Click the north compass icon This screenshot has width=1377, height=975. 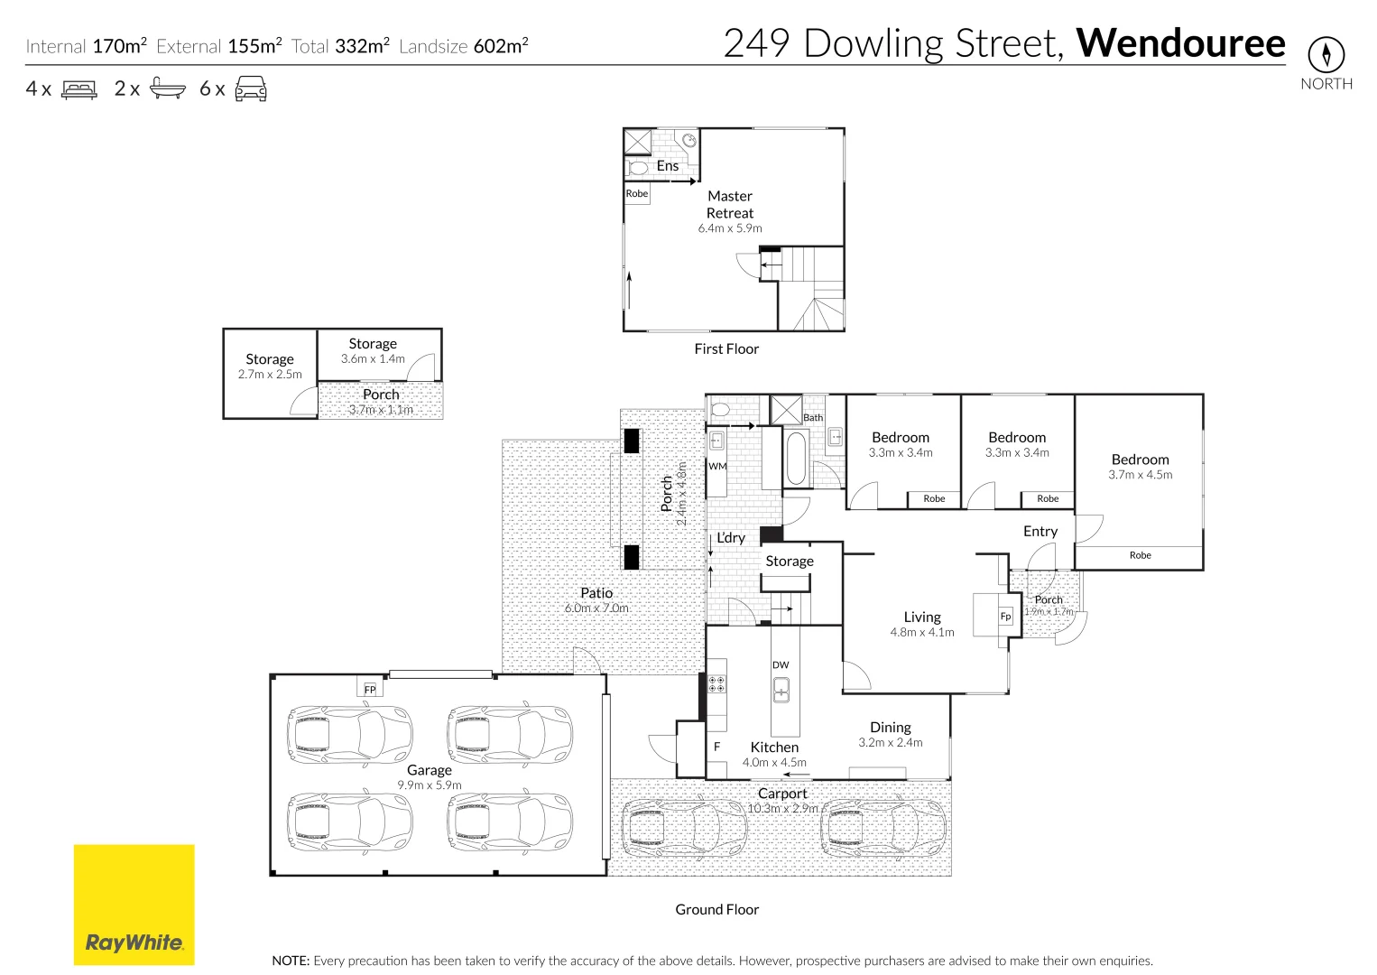point(1326,55)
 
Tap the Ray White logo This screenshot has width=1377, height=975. point(134,905)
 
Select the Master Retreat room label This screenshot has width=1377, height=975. point(730,204)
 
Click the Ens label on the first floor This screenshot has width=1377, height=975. point(667,165)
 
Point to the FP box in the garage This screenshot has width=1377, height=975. point(370,689)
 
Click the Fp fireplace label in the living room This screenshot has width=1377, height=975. point(1005,617)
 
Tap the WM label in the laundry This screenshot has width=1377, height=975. point(717,467)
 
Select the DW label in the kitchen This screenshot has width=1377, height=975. point(781,664)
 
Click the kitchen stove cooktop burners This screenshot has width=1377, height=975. point(716,683)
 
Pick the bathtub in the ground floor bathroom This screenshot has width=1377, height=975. point(796,459)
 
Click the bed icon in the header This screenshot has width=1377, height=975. point(79,89)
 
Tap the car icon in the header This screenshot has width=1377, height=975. point(251,88)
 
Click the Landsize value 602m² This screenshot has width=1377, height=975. point(501,46)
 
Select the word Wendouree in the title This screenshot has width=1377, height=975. point(1180,43)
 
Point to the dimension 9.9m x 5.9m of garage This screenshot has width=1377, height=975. point(430,785)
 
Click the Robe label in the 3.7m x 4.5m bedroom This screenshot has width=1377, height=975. point(1140,555)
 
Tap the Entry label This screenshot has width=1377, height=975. point(1040,531)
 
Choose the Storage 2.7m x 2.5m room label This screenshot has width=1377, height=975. point(270,359)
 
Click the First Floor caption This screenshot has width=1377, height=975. point(726,348)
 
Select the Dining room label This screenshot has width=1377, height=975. point(890,727)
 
